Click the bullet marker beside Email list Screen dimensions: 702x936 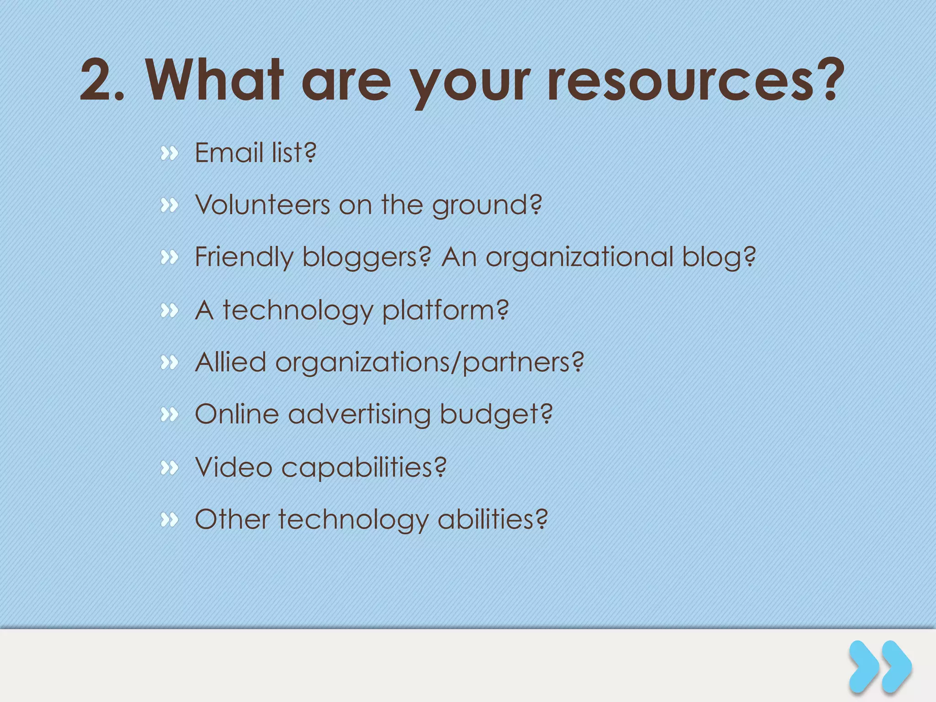tap(169, 154)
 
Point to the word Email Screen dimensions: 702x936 tap(229, 153)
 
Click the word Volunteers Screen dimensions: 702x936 tap(262, 205)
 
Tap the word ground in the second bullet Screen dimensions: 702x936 tap(486, 206)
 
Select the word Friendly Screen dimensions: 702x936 tap(244, 258)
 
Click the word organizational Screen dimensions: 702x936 tap(580, 258)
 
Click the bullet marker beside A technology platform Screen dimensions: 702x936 tap(169, 311)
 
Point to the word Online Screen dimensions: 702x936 tap(237, 415)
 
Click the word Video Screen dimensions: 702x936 tap(234, 468)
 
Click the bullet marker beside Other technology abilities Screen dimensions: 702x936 tap(169, 520)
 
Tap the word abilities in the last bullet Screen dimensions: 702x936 tap(492, 520)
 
